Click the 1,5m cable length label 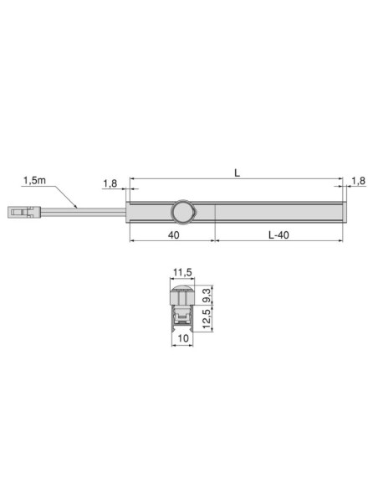pos(34,180)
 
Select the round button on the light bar pos(181,213)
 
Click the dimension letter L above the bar pos(238,172)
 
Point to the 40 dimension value pos(173,235)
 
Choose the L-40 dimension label pos(278,235)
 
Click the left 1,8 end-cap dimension pos(110,183)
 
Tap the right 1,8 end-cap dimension pos(358,181)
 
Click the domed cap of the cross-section pos(183,295)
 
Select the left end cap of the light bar pos(128,213)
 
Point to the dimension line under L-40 pos(278,242)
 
